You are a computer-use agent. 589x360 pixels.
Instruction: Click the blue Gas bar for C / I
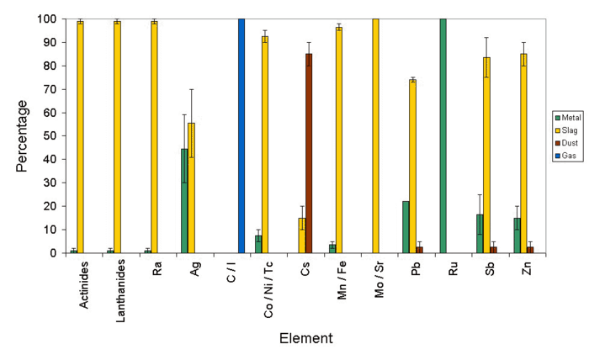pyautogui.click(x=241, y=135)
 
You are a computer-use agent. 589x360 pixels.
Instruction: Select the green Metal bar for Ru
pyautogui.click(x=443, y=135)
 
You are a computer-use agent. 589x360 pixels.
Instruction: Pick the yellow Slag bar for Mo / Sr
pyautogui.click(x=375, y=135)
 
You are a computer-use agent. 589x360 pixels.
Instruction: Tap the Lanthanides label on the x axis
pyautogui.click(x=118, y=285)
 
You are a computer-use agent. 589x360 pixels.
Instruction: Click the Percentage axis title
pyautogui.click(x=23, y=135)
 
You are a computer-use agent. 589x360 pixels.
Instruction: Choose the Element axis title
pyautogui.click(x=307, y=338)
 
